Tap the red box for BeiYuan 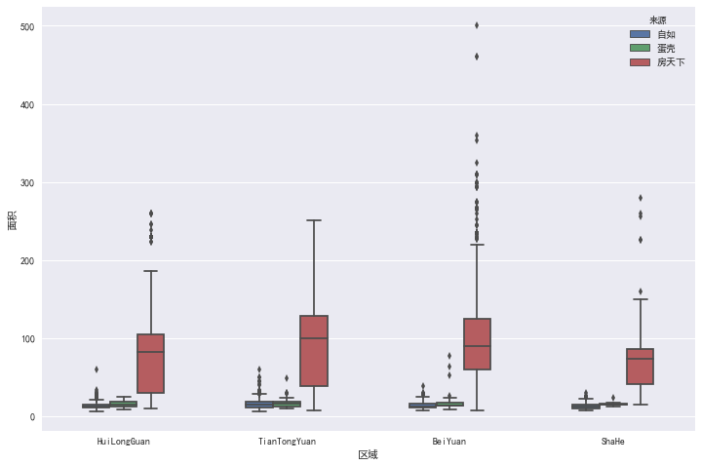pyautogui.click(x=477, y=343)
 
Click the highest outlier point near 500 pyautogui.click(x=477, y=25)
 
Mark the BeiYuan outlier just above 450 pyautogui.click(x=477, y=57)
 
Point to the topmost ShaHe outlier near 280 pyautogui.click(x=641, y=198)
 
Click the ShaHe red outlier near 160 pyautogui.click(x=641, y=291)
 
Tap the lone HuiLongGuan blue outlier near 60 pyautogui.click(x=96, y=369)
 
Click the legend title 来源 pyautogui.click(x=658, y=20)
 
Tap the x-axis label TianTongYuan pyautogui.click(x=287, y=442)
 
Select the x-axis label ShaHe pyautogui.click(x=613, y=442)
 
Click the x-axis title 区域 pyautogui.click(x=368, y=455)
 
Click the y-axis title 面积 pyautogui.click(x=11, y=220)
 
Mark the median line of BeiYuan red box pyautogui.click(x=477, y=346)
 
